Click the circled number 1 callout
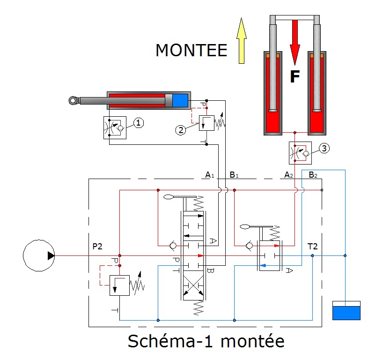tap(139, 123)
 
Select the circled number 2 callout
tap(181, 130)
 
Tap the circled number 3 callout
tap(324, 148)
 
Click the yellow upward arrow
tap(241, 41)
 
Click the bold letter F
tap(295, 76)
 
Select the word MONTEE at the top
tap(191, 50)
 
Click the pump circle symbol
tap(39, 255)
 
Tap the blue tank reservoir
tap(346, 310)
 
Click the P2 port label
tap(97, 246)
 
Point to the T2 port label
tap(312, 246)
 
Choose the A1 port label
tap(210, 175)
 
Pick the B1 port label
tap(234, 175)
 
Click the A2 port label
tap(288, 175)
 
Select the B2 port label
tap(313, 175)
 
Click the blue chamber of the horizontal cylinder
tap(180, 100)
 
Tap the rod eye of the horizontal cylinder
tap(73, 100)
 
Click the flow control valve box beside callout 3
tap(300, 153)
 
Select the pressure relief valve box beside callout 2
tap(206, 123)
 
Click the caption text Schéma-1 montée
tap(206, 341)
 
